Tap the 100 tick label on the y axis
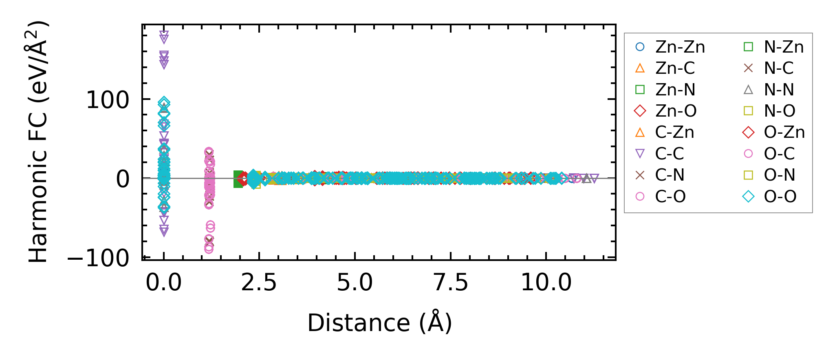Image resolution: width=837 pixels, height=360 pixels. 108,100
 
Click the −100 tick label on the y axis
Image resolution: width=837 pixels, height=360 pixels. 98,258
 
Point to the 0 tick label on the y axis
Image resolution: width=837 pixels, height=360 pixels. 123,179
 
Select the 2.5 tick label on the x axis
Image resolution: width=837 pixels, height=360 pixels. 259,283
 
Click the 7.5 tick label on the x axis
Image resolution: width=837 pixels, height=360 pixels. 451,283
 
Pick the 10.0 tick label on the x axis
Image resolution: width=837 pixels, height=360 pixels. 546,283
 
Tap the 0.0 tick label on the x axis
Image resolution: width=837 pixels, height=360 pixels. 163,283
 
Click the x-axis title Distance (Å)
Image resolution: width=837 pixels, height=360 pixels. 379,323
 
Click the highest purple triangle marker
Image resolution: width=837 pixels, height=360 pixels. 164,35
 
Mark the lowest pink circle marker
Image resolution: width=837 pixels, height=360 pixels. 209,249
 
